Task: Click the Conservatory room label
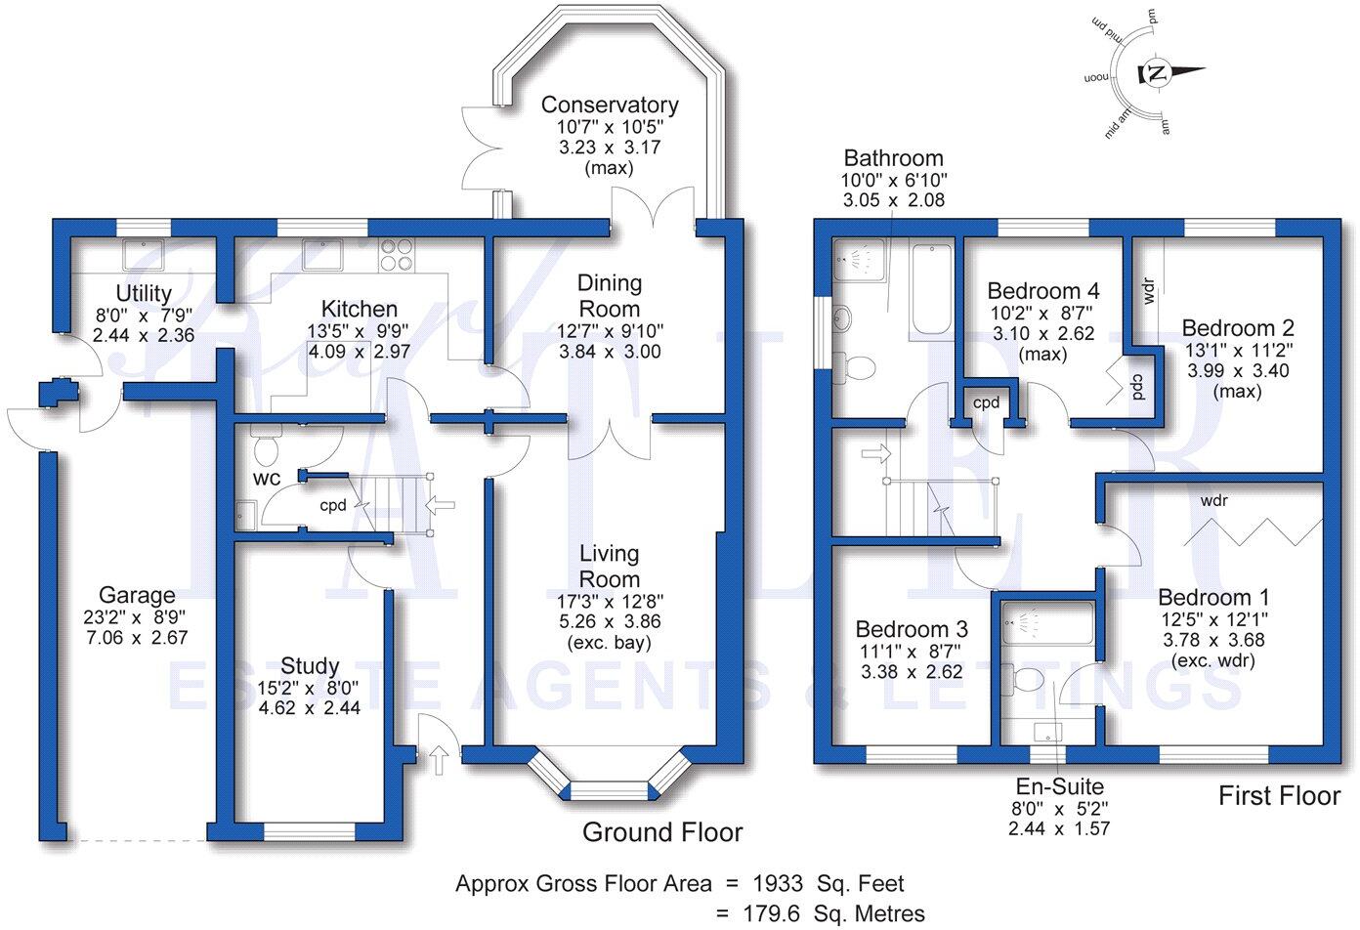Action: (x=610, y=105)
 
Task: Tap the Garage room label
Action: (x=137, y=595)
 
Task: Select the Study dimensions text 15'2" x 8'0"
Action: (x=310, y=687)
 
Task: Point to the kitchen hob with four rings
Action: (x=395, y=254)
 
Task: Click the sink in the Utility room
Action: (x=144, y=254)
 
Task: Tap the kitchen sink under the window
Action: (x=321, y=254)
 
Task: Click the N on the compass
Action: (x=1156, y=73)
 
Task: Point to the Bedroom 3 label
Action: (x=911, y=629)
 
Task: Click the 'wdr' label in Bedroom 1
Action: (x=1214, y=501)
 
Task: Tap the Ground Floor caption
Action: (x=662, y=832)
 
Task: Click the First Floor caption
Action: (x=1278, y=796)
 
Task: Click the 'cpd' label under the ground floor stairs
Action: (x=333, y=506)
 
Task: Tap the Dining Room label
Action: (x=610, y=295)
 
